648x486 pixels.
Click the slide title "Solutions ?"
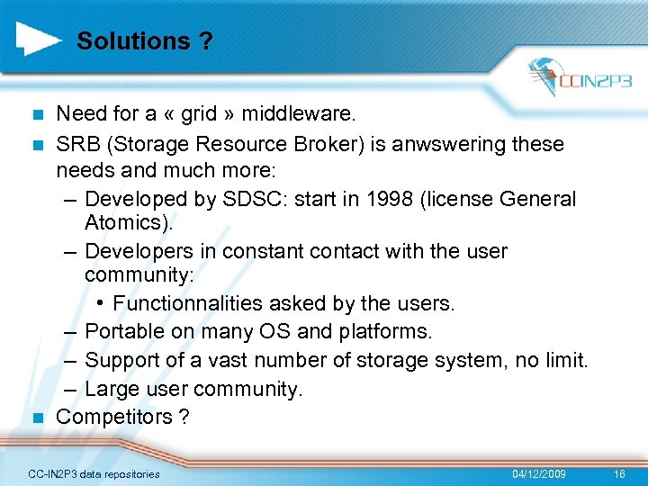point(145,41)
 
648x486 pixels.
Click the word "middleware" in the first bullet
point(306,113)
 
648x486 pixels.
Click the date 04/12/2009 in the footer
point(539,473)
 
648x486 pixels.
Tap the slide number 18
point(618,473)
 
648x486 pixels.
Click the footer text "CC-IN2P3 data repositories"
point(94,473)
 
